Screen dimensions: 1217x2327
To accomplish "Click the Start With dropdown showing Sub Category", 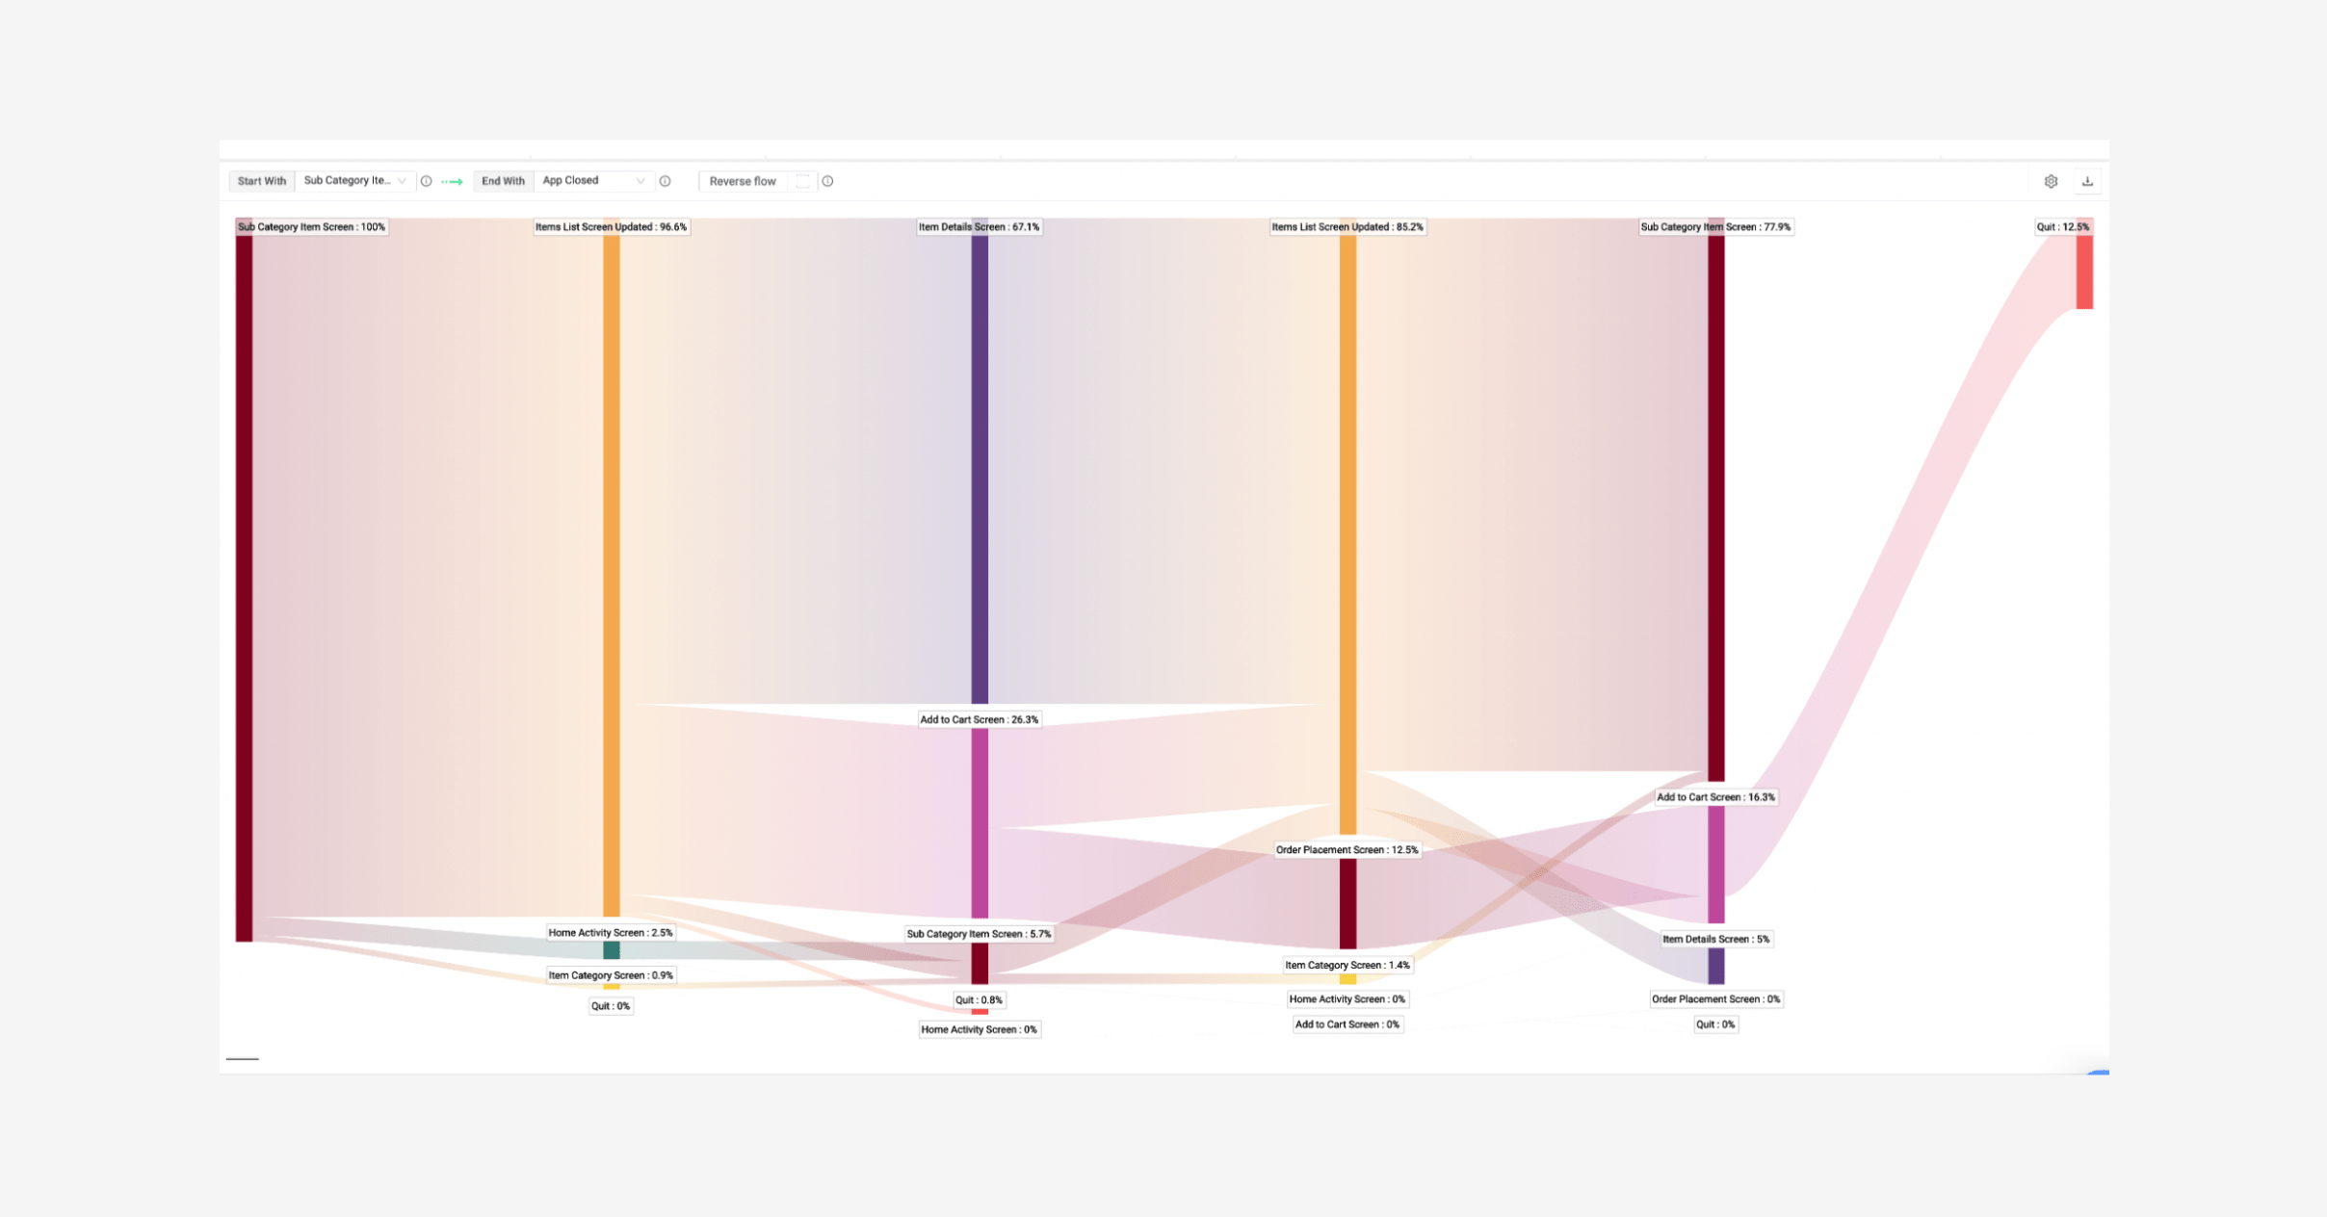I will tap(353, 181).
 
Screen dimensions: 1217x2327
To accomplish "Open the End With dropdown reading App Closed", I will tap(592, 181).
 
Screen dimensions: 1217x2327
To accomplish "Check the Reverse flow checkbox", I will tap(802, 181).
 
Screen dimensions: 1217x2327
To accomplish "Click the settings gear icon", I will tap(2051, 181).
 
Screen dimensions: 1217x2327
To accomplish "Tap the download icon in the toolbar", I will tap(2087, 181).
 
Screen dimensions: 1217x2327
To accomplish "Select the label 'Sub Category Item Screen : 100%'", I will tap(311, 227).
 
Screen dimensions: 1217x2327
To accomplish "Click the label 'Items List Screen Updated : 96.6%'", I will tap(611, 227).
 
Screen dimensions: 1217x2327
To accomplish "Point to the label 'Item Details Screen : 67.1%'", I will tap(979, 227).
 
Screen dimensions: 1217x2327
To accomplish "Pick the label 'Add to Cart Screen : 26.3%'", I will tap(979, 719).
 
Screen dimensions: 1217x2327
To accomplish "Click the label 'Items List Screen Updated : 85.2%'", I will tap(1347, 227).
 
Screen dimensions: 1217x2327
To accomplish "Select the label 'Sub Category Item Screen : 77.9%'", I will tap(1715, 227).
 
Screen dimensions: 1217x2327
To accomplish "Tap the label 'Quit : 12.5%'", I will tap(2062, 227).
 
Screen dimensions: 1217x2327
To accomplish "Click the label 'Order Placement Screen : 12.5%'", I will tap(1347, 850).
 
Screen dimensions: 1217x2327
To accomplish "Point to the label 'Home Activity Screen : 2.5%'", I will tap(611, 933).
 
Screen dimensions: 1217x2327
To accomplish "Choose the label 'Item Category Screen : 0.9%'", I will tap(611, 975).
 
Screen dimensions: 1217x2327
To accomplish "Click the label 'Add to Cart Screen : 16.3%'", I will tap(1715, 797).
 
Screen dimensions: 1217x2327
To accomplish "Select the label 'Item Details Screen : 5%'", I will tap(1715, 939).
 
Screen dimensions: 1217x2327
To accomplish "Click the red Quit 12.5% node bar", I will tap(2084, 274).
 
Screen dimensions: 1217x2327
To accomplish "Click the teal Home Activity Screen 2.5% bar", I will tap(612, 951).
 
